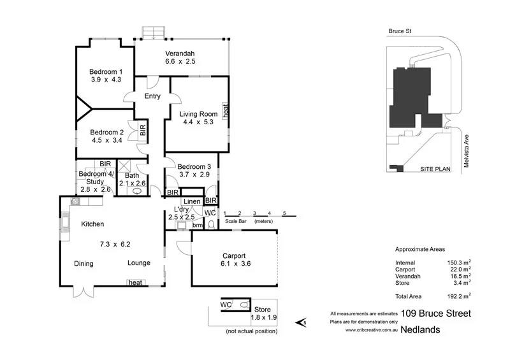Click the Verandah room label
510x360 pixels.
click(180, 54)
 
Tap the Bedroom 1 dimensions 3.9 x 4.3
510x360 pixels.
click(106, 80)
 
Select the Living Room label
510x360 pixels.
click(198, 114)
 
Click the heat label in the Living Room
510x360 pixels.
click(226, 111)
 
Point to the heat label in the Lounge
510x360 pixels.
click(135, 283)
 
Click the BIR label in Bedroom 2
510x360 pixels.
click(143, 130)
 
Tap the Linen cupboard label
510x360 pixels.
click(192, 201)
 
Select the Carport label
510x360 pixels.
click(234, 256)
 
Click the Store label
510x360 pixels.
click(262, 310)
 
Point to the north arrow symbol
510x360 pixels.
click(301, 322)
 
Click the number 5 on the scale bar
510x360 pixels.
click(284, 213)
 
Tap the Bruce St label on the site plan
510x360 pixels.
click(400, 31)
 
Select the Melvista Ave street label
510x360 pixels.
click(467, 151)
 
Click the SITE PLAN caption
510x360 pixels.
click(435, 169)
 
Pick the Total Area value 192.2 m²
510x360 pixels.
click(459, 296)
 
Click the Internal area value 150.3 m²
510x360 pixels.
click(459, 263)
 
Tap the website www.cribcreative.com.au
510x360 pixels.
click(372, 330)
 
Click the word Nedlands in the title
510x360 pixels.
click(420, 330)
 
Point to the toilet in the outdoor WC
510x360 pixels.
click(244, 305)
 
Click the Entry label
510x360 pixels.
click(152, 96)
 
